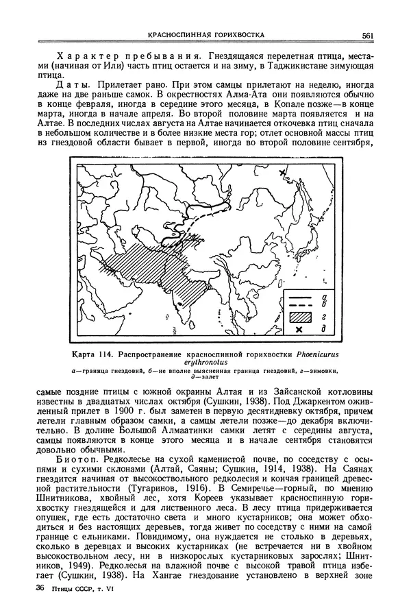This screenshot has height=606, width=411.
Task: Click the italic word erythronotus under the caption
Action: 206,363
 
